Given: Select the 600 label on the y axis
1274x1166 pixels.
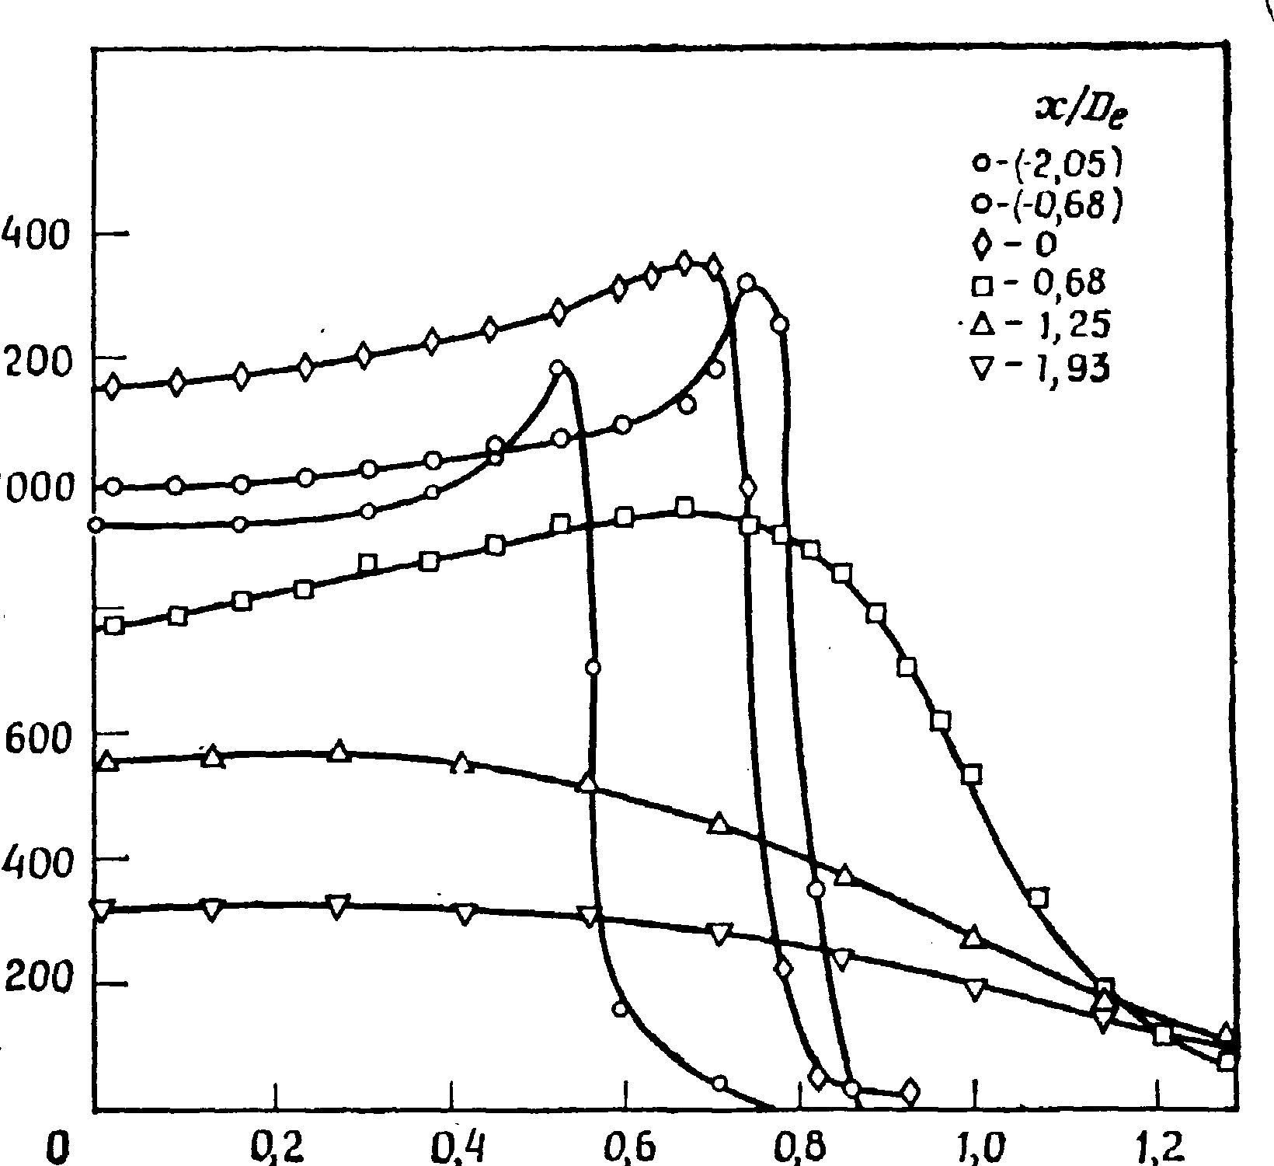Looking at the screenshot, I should tap(28, 736).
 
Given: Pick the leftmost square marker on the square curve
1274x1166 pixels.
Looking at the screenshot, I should tap(114, 625).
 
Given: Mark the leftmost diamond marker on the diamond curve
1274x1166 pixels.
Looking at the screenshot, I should tap(113, 386).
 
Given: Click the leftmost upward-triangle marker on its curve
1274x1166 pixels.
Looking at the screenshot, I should tap(109, 760).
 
